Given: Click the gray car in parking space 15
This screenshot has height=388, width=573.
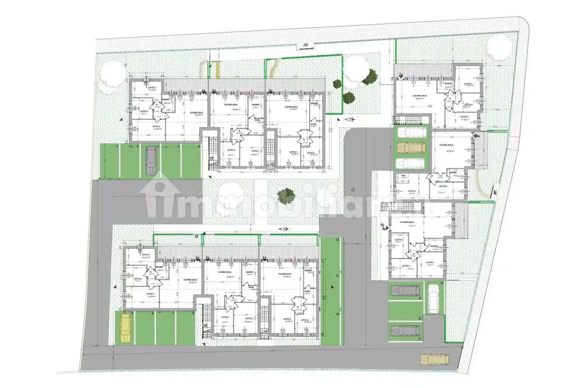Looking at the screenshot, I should tap(405, 291).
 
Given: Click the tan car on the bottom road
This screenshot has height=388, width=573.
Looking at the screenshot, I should tap(435, 359).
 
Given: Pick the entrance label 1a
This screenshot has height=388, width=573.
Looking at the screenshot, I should tap(203, 90).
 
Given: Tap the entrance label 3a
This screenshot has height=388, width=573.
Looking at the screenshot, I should tap(270, 90).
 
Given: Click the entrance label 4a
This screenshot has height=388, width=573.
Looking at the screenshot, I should tap(198, 258).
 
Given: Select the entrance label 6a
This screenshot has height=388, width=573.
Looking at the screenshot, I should tap(264, 258).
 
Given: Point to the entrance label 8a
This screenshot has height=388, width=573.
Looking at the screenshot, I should tap(478, 136).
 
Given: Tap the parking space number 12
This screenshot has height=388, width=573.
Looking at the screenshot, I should tap(337, 240).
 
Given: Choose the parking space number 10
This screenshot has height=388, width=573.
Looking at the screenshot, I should tap(337, 314).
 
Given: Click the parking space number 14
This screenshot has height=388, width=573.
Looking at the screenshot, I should tap(419, 318).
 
